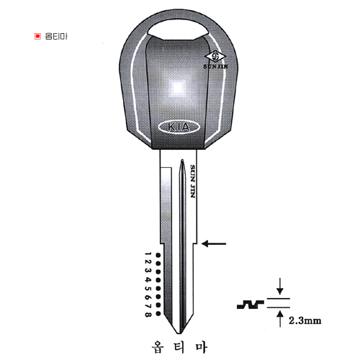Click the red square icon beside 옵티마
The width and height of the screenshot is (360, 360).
pyautogui.click(x=37, y=36)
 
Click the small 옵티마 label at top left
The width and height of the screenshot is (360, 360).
pyautogui.click(x=56, y=36)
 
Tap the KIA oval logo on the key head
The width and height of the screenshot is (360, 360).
pyautogui.click(x=179, y=127)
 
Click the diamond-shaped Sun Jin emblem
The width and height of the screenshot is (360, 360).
pyautogui.click(x=215, y=57)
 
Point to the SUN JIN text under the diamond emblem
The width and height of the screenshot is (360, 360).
pyautogui.click(x=216, y=66)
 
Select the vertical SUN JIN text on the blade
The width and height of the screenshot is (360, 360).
pyautogui.click(x=192, y=181)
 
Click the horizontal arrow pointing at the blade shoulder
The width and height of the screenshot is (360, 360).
pyautogui.click(x=214, y=244)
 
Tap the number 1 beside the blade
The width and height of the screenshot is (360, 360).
pyautogui.click(x=148, y=254)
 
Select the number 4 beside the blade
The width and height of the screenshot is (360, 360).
pyautogui.click(x=148, y=279)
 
